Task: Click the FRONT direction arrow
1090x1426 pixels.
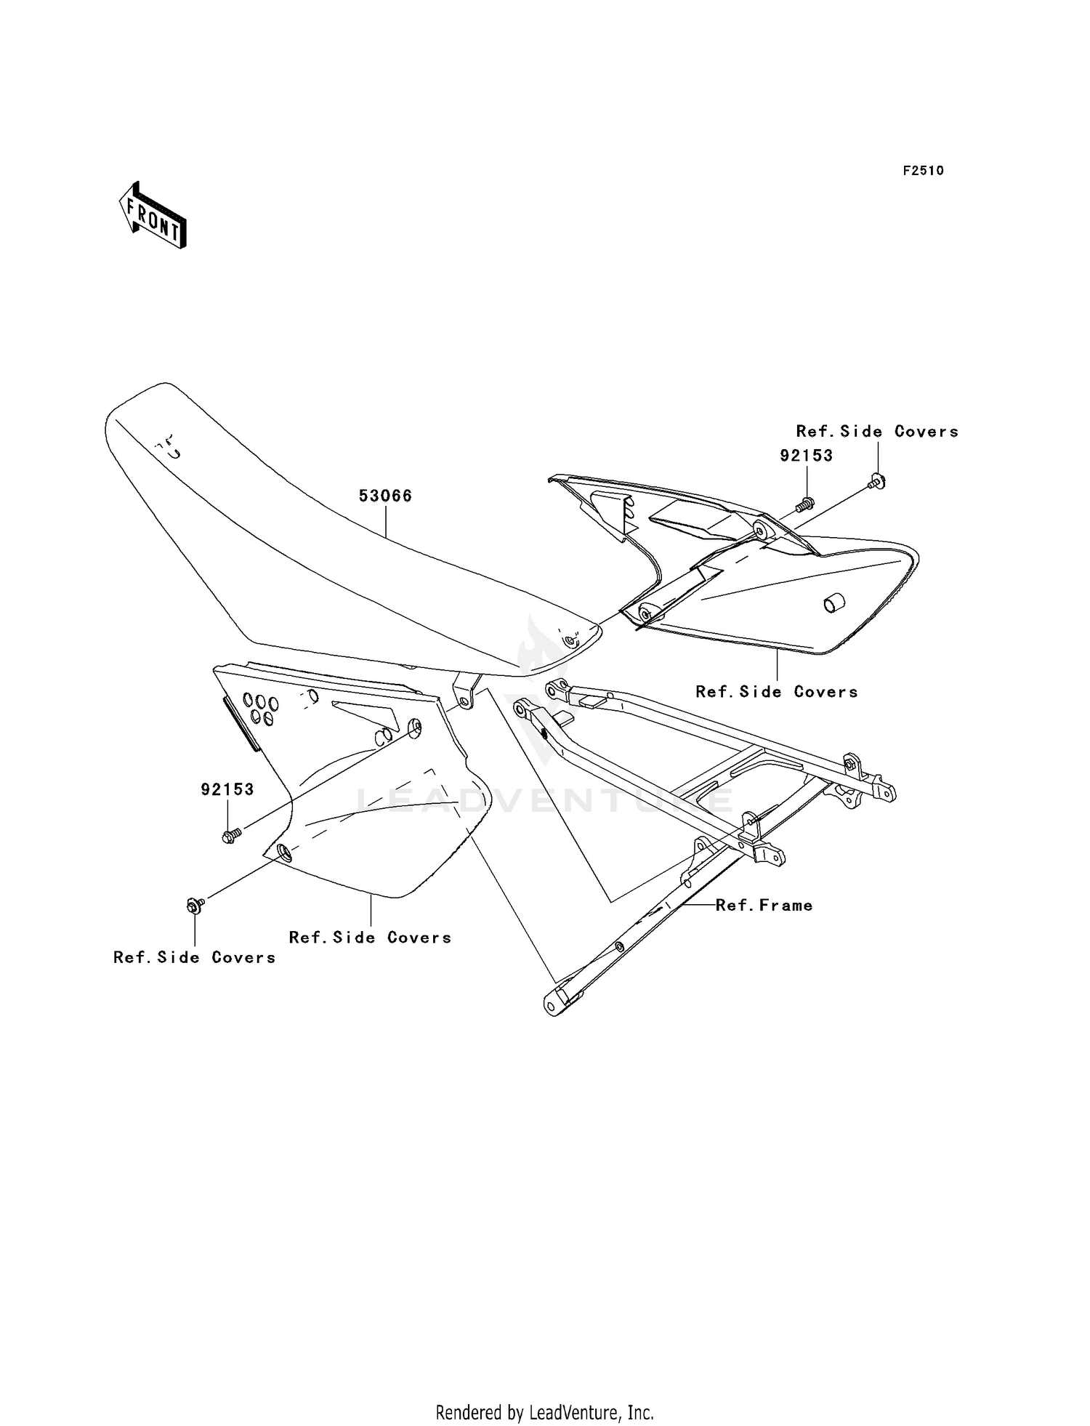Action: pos(153,216)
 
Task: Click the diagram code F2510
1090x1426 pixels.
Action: pos(923,171)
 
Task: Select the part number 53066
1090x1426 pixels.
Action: pos(385,496)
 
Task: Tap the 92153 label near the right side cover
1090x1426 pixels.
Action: pos(806,456)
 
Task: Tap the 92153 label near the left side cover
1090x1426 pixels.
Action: pos(227,789)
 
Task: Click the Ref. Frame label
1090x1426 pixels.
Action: pos(764,905)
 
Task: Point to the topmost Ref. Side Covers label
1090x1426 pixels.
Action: pos(877,431)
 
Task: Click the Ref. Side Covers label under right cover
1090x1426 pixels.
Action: pos(777,691)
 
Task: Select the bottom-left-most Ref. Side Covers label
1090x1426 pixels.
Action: pos(194,957)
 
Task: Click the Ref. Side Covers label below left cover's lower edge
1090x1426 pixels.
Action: pos(370,937)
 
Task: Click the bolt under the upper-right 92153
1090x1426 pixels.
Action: pos(806,502)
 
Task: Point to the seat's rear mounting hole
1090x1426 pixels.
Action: pos(570,641)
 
